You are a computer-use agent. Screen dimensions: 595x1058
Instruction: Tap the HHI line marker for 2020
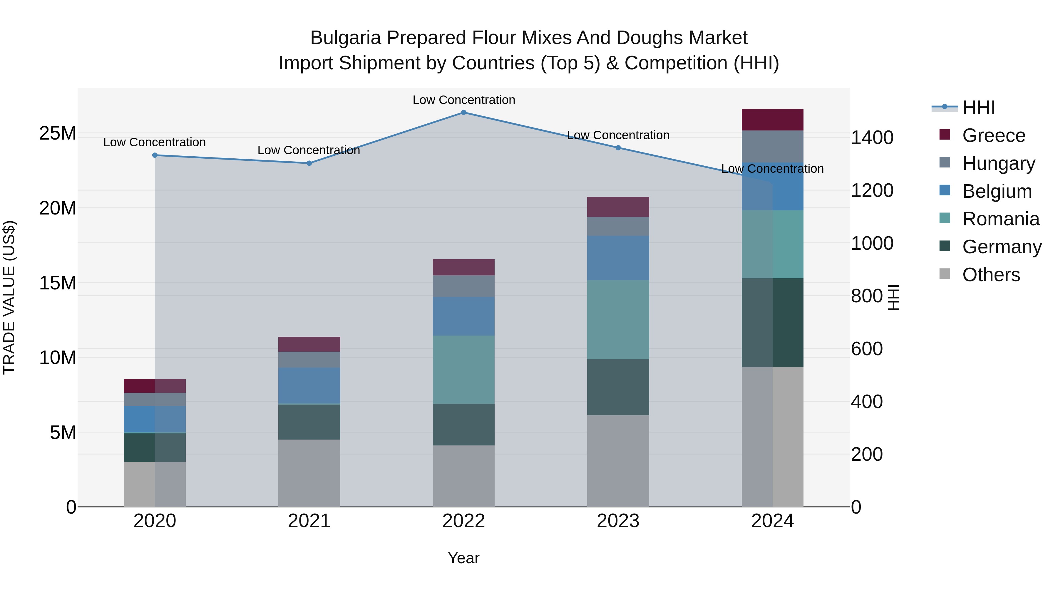155,155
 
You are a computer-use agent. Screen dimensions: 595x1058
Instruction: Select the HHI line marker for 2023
618,148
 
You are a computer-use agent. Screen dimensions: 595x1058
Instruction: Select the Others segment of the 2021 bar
309,473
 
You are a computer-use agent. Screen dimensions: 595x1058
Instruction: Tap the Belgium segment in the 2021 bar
309,385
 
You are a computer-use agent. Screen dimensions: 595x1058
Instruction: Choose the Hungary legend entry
998,163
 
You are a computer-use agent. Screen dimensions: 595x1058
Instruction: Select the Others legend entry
991,275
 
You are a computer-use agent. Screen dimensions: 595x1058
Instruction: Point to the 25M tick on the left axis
58,133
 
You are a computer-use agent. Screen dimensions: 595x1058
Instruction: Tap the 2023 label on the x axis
618,521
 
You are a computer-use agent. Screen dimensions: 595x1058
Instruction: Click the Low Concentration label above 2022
464,100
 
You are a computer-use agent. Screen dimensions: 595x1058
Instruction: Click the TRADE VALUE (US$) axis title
9,297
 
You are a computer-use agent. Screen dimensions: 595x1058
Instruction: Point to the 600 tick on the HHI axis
867,349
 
